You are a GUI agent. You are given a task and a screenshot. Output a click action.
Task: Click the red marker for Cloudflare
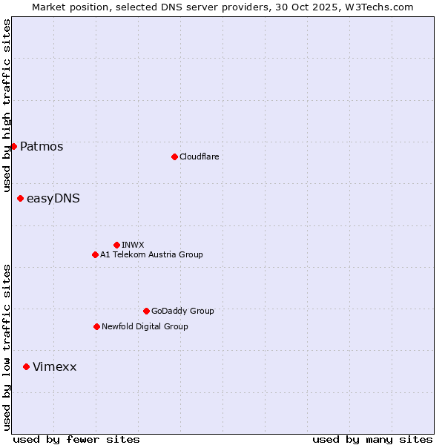coord(174,156)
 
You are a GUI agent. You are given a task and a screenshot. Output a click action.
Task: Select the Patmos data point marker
coord(13,146)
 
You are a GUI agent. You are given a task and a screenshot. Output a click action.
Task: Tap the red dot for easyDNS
coord(20,198)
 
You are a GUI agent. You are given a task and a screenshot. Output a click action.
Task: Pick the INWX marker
coord(116,245)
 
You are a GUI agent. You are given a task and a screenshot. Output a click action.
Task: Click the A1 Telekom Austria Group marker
coord(95,254)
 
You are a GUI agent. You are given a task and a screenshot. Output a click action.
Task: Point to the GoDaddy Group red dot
coord(146,311)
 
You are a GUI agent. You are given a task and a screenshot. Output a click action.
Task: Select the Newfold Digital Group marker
coord(96,326)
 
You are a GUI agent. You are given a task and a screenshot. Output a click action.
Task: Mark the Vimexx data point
coord(26,366)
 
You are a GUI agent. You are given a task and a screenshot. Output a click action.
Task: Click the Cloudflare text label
coord(199,156)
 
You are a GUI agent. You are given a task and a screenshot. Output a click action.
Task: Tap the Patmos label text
coord(42,146)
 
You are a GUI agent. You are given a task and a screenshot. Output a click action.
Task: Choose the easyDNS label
coord(53,198)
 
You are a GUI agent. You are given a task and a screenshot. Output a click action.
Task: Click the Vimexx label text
coord(54,366)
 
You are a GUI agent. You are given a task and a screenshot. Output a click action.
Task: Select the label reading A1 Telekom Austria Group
coord(151,254)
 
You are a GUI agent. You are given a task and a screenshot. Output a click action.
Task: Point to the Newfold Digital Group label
coord(145,326)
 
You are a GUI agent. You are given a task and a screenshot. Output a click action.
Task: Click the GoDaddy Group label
coord(182,311)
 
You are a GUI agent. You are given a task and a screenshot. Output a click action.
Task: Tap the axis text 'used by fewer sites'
coord(76,439)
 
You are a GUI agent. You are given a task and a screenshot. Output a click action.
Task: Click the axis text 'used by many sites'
coord(372,439)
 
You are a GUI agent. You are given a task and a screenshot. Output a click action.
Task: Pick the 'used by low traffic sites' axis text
coord(7,347)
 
